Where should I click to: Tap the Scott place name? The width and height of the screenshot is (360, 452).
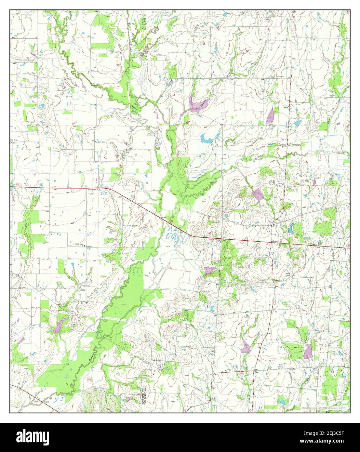click(x=286, y=107)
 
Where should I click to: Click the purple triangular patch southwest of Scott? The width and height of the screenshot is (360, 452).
click(x=270, y=116)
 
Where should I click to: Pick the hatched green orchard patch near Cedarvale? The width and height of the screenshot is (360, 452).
click(x=82, y=178)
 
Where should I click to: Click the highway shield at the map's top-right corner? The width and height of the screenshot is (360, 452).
click(x=348, y=12)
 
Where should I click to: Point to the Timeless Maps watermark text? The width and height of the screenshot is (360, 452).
click(x=325, y=408)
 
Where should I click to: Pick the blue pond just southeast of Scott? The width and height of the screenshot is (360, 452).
click(x=297, y=123)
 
